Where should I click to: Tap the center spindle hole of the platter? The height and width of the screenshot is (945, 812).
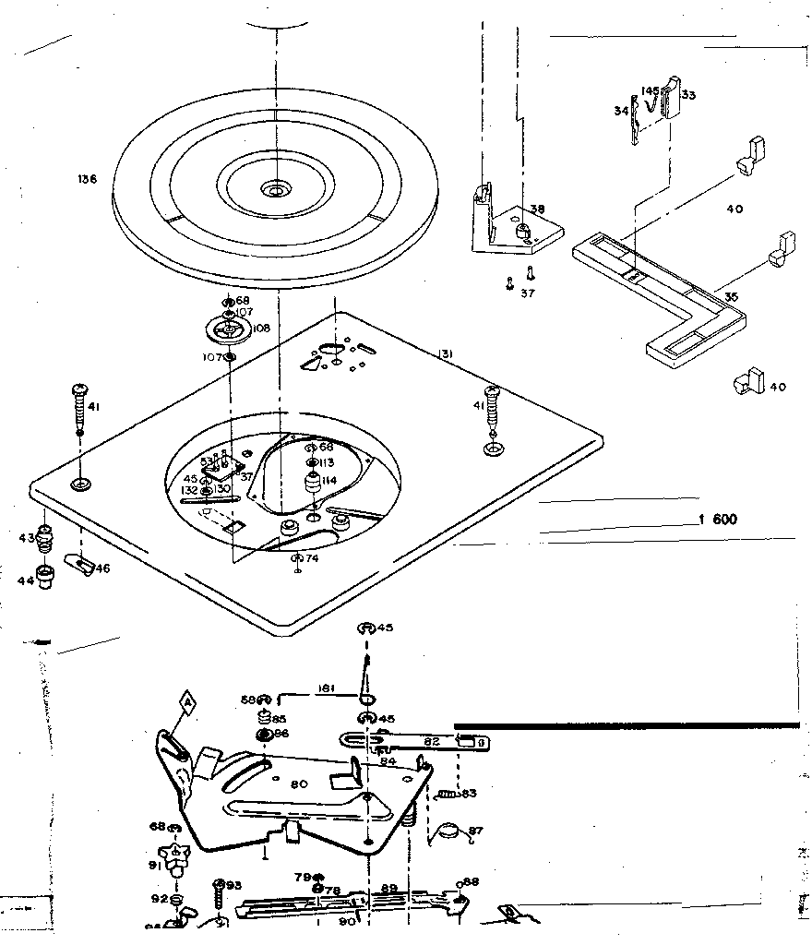[x=274, y=191]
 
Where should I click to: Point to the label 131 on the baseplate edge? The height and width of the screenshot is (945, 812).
[x=446, y=352]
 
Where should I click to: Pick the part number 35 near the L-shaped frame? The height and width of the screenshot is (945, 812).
[x=731, y=297]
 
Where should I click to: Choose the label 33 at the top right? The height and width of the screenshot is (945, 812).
[x=687, y=94]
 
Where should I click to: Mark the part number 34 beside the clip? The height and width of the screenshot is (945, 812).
[x=620, y=112]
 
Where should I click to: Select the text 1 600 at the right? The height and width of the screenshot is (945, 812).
[x=718, y=520]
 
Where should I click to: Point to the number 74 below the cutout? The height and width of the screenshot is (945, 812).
[x=311, y=559]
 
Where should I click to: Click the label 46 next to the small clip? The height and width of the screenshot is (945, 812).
[x=101, y=568]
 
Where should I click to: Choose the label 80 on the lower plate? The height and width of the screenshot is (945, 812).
[x=299, y=785]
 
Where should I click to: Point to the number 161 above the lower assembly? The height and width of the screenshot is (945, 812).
[x=325, y=688]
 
